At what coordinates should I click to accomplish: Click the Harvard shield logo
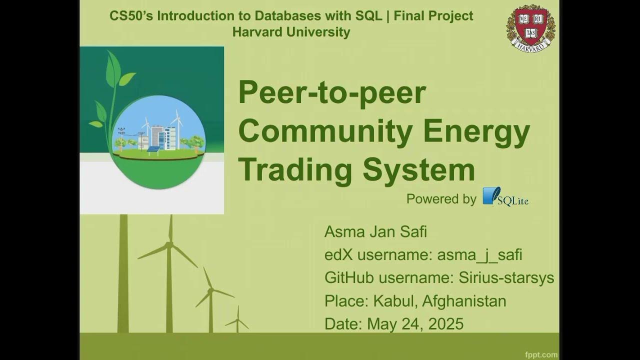pyautogui.click(x=530, y=27)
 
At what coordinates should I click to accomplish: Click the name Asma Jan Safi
pyautogui.click(x=375, y=232)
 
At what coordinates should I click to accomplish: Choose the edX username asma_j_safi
pyautogui.click(x=479, y=255)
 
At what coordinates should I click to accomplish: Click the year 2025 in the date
pyautogui.click(x=443, y=323)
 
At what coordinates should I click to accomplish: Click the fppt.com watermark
pyautogui.click(x=541, y=354)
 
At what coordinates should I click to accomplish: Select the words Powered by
pyautogui.click(x=441, y=199)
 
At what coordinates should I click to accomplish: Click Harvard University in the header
pyautogui.click(x=291, y=32)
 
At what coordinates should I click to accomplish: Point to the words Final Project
pyautogui.click(x=433, y=15)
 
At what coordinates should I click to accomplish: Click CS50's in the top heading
pyautogui.click(x=131, y=15)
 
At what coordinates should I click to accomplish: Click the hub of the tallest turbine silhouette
pyautogui.click(x=169, y=244)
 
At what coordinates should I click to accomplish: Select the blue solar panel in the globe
pyautogui.click(x=153, y=149)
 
